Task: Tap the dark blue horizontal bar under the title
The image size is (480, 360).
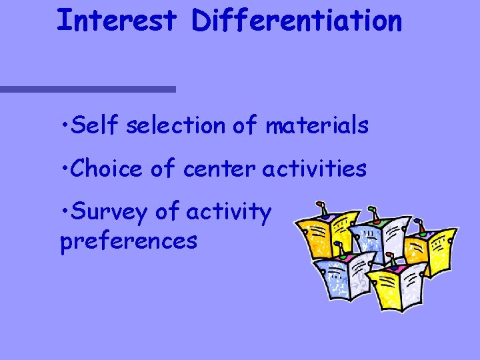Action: [87, 89]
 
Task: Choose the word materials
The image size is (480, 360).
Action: [317, 125]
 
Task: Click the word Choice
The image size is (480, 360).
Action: [106, 169]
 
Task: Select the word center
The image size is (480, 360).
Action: [219, 169]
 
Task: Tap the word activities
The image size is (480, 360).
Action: [314, 169]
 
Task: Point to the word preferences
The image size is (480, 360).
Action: [129, 240]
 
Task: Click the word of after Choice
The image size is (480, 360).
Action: [163, 169]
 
